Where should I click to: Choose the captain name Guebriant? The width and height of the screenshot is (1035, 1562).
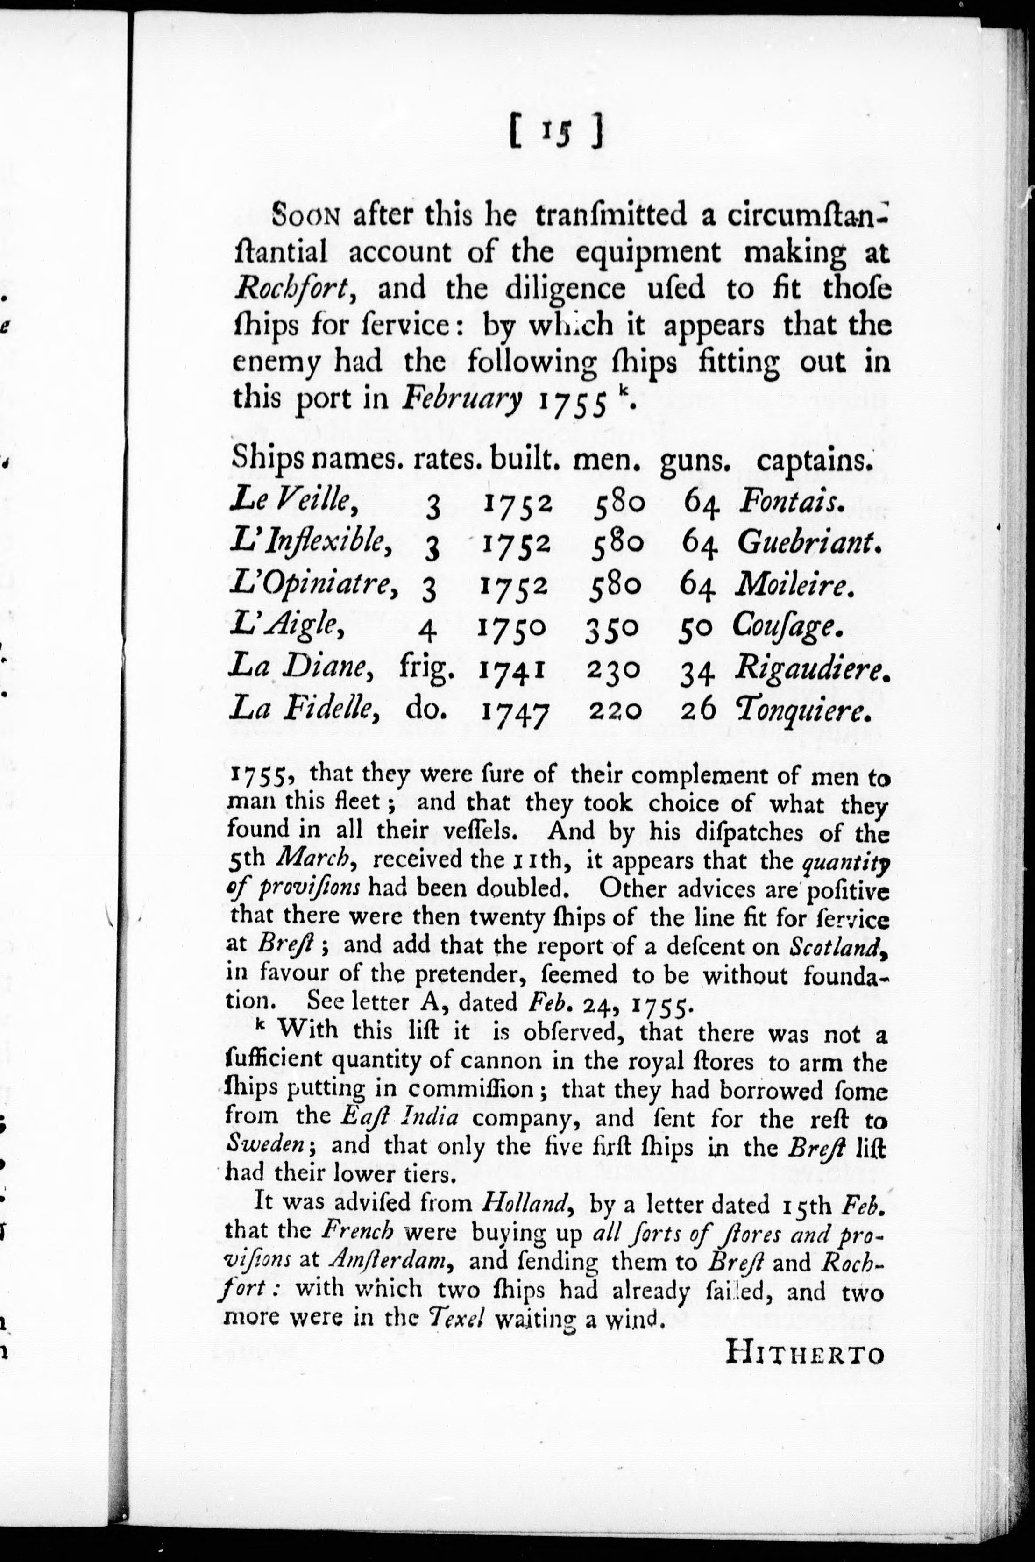810,543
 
